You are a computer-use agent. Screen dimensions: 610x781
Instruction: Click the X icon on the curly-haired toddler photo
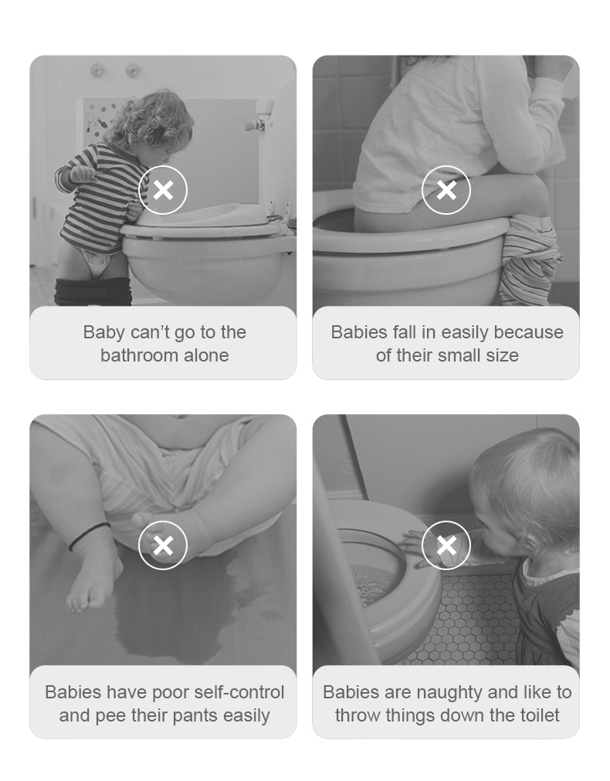[x=163, y=190]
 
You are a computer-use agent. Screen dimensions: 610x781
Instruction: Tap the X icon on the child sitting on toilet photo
[x=446, y=190]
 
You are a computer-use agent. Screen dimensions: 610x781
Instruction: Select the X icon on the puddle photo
[x=163, y=545]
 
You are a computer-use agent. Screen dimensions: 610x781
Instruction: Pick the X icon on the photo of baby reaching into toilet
[x=446, y=545]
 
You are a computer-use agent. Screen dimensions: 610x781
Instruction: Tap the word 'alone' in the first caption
[x=207, y=355]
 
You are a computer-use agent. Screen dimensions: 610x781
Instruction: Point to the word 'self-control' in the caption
[x=239, y=692]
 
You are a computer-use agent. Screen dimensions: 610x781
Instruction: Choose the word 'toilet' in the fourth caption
[x=540, y=716]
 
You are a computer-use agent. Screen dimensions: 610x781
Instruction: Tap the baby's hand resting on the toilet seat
[x=419, y=548]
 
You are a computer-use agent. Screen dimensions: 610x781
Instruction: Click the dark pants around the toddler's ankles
[x=93, y=292]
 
